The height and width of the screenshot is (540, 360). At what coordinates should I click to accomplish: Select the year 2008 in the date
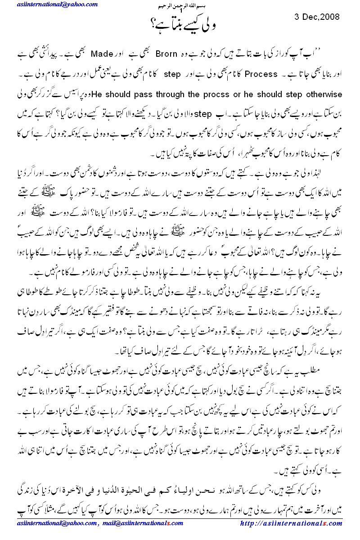(330, 17)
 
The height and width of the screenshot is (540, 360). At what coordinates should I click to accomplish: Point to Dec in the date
(308, 17)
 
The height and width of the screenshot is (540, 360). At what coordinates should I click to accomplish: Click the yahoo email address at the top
(57, 4)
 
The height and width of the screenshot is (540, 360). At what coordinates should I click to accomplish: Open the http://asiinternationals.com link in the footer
(292, 523)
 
